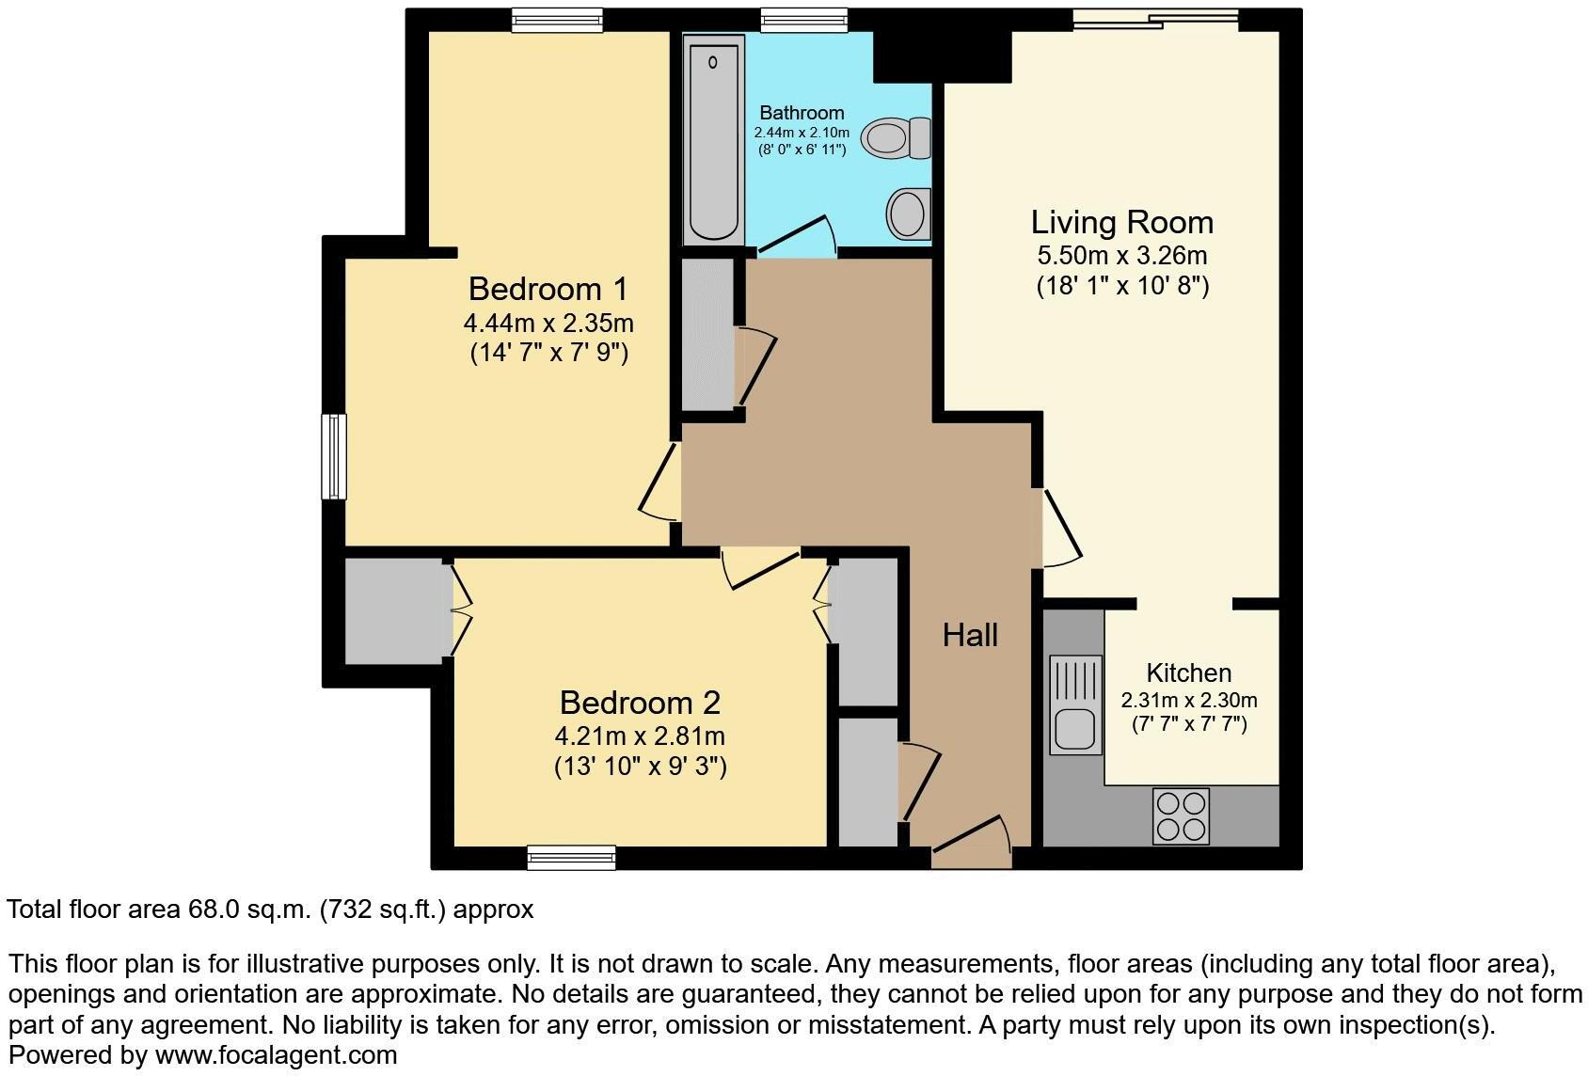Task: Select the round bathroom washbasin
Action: [x=908, y=213]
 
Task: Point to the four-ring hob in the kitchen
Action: [x=1181, y=816]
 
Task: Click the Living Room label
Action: [x=1122, y=223]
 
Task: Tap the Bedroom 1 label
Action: [x=548, y=289]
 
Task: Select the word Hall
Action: [x=970, y=636]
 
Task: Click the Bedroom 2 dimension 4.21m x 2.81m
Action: [x=640, y=736]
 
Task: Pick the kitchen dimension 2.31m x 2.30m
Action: [x=1189, y=701]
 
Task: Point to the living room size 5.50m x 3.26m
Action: [x=1122, y=256]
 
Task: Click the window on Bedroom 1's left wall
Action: [x=334, y=456]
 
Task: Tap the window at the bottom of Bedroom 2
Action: [x=571, y=857]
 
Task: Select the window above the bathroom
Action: [x=803, y=20]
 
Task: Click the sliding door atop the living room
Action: [x=1155, y=18]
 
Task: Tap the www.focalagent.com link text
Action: [x=276, y=1055]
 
